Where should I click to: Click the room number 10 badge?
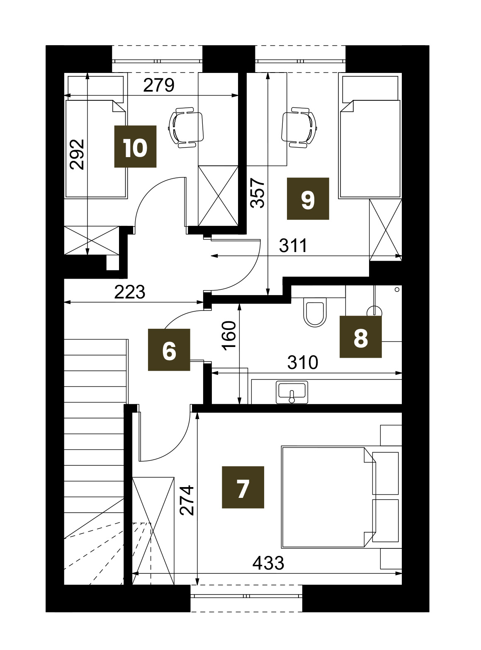tap(135, 146)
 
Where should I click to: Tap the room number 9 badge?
tap(308, 199)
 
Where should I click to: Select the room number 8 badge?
tap(360, 337)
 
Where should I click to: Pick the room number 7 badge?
tap(243, 487)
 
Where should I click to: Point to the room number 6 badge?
tap(169, 349)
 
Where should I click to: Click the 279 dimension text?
tap(158, 85)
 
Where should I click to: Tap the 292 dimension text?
tap(77, 155)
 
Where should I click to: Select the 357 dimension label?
tap(258, 193)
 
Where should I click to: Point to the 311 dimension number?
tap(293, 245)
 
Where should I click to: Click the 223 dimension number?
tap(129, 292)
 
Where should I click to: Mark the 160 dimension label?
tap(229, 336)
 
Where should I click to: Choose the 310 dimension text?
tap(303, 362)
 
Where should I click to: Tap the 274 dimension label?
tap(187, 500)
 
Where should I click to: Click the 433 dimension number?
tap(268, 563)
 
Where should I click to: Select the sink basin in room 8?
tap(292, 393)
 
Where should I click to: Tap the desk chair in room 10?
tap(186, 128)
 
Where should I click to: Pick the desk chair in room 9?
tap(299, 128)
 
